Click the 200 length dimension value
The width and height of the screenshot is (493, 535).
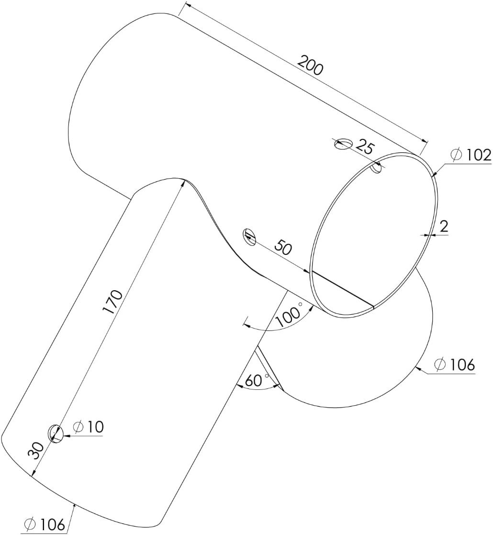(x=311, y=65)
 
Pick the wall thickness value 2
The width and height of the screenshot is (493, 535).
(x=444, y=227)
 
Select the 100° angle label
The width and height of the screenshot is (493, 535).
(x=290, y=314)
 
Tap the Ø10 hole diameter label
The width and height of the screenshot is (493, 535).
(x=88, y=427)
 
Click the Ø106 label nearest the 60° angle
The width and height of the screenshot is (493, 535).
(x=454, y=365)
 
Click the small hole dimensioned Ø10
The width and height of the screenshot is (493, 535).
(x=56, y=433)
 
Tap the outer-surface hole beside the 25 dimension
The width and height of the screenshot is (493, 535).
(x=343, y=143)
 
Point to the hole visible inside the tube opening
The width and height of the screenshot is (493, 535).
(x=376, y=167)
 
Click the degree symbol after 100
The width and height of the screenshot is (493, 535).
(x=301, y=304)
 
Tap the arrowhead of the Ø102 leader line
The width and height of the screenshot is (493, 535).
(x=433, y=175)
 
